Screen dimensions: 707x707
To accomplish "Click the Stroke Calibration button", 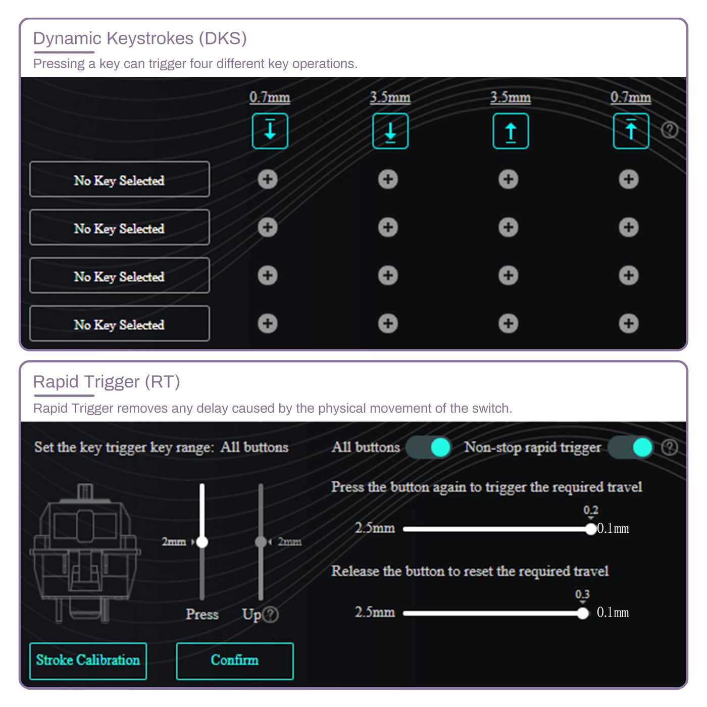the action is pyautogui.click(x=88, y=661).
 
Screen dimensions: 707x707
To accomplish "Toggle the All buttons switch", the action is pyautogui.click(x=429, y=447).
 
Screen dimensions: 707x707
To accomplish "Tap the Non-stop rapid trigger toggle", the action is pyautogui.click(x=631, y=447).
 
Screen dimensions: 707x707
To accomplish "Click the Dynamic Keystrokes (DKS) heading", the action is pyautogui.click(x=140, y=38).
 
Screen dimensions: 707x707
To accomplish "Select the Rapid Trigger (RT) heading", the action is pyautogui.click(x=107, y=382).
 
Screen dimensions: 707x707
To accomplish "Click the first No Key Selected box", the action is pyautogui.click(x=120, y=179).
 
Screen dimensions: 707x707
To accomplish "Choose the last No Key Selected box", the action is pyautogui.click(x=120, y=324).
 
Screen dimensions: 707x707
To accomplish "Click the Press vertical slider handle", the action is pyautogui.click(x=202, y=542).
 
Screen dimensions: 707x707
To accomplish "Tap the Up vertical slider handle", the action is pyautogui.click(x=261, y=542).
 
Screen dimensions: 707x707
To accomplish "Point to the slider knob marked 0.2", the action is pyautogui.click(x=591, y=529).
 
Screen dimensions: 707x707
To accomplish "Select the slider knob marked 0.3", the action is pyautogui.click(x=583, y=613).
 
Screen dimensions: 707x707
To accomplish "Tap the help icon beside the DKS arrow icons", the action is pyautogui.click(x=670, y=130).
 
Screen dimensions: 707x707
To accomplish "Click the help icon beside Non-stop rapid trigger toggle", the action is pyautogui.click(x=670, y=447).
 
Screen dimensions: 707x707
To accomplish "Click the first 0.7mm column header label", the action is pyautogui.click(x=270, y=97).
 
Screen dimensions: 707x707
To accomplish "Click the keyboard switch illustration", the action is pyautogui.click(x=85, y=553).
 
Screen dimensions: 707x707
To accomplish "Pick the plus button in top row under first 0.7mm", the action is pyautogui.click(x=268, y=179).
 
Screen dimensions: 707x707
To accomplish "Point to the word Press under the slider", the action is pyautogui.click(x=202, y=614).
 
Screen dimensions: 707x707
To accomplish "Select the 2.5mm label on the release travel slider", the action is pyautogui.click(x=375, y=612).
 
